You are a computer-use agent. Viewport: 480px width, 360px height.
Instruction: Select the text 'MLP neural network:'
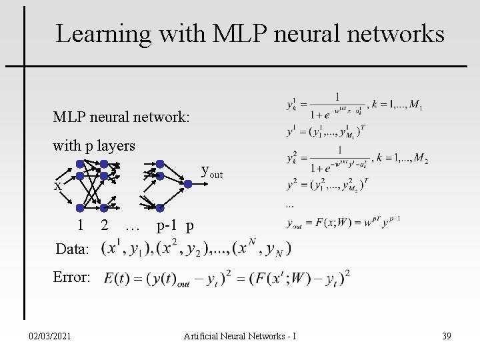coord(122,117)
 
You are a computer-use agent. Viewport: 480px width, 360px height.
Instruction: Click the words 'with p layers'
coord(94,146)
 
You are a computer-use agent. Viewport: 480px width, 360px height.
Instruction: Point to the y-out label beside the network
coord(211,173)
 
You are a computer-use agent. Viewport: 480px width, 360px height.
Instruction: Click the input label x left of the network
coord(58,187)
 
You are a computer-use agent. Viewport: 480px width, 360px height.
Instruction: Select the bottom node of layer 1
coord(79,207)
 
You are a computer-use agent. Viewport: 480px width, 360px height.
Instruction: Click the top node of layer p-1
coord(160,164)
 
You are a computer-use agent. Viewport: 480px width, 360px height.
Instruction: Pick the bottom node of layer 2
coord(105,207)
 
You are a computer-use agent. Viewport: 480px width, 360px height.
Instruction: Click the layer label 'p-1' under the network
coord(167,226)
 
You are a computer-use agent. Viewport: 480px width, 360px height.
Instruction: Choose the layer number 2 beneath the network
coord(105,226)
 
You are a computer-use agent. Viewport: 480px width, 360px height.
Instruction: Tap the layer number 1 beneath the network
coord(79,226)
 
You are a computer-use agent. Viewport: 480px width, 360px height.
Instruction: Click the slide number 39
coord(446,336)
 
